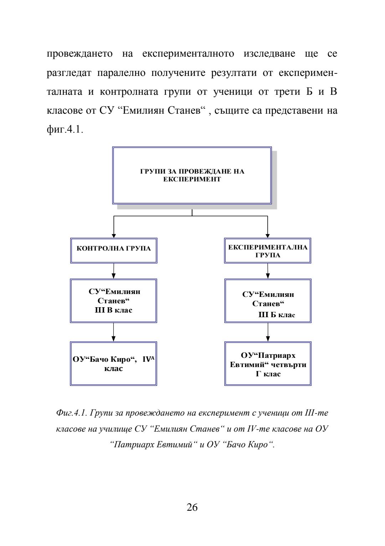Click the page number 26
pyautogui.click(x=192, y=507)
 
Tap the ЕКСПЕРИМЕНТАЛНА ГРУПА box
pyautogui.click(x=268, y=251)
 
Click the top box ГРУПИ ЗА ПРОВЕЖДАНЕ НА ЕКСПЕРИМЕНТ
pyautogui.click(x=192, y=175)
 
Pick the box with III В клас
pyautogui.click(x=114, y=301)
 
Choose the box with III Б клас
pyautogui.click(x=268, y=301)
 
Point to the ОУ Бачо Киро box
pyautogui.click(x=114, y=364)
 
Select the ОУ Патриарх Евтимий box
pyautogui.click(x=268, y=364)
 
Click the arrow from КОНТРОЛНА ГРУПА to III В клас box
pyautogui.click(x=114, y=271)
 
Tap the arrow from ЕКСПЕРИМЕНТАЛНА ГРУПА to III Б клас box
pyautogui.click(x=268, y=271)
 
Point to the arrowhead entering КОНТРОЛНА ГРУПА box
pyautogui.click(x=114, y=235)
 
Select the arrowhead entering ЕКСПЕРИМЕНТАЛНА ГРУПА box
pyautogui.click(x=268, y=235)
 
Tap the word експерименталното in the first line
pyautogui.click(x=188, y=54)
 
